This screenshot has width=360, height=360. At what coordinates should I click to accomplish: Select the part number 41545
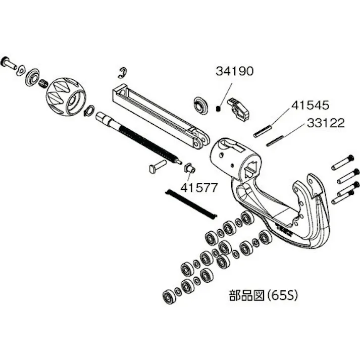coord(310,106)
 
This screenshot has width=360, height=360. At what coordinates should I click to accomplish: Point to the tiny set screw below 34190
coord(219,108)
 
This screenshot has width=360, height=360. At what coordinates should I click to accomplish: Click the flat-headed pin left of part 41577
coord(157,166)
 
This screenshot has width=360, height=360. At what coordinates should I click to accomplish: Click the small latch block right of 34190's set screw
coord(238,108)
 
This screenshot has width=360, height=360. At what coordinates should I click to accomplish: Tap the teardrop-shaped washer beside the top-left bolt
coord(22,69)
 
